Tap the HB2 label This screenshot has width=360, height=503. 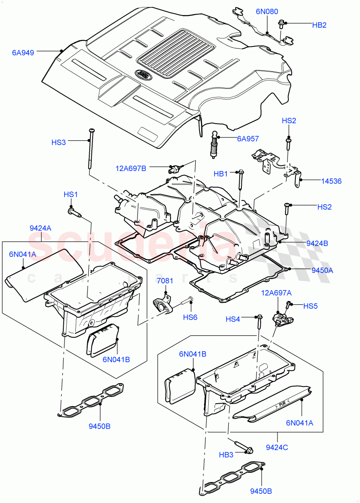(x=319, y=25)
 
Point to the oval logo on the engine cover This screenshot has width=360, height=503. (x=145, y=75)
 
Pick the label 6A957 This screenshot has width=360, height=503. (x=248, y=138)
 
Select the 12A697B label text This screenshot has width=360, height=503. (x=131, y=169)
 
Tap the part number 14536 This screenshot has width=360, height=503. (x=331, y=181)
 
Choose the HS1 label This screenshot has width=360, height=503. (x=71, y=194)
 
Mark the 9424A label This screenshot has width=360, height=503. (x=41, y=228)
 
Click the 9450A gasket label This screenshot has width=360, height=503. (x=322, y=270)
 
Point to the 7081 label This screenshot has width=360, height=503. (x=165, y=280)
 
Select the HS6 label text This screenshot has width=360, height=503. (x=190, y=317)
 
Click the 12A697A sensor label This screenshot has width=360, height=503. (x=277, y=293)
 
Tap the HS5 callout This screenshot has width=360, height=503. (x=310, y=306)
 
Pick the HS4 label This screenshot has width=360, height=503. (x=233, y=319)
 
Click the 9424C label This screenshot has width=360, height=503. (x=277, y=447)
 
